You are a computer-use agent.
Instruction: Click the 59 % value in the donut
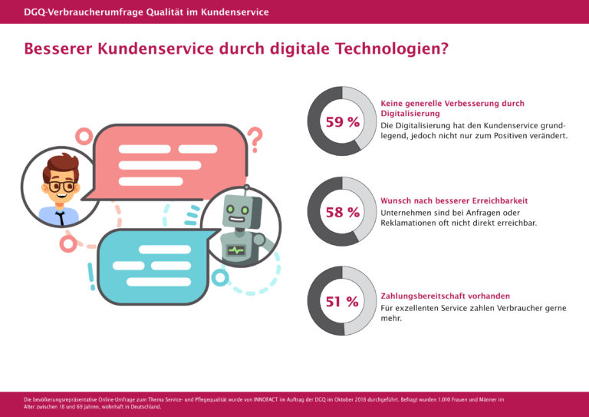tap(342, 122)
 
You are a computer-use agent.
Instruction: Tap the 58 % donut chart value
tap(342, 213)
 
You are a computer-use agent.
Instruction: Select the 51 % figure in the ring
tap(342, 302)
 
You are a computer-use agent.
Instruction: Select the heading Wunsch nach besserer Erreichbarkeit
tap(454, 200)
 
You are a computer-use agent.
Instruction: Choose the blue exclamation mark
tap(90, 273)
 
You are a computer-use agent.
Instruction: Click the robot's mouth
tap(235, 221)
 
